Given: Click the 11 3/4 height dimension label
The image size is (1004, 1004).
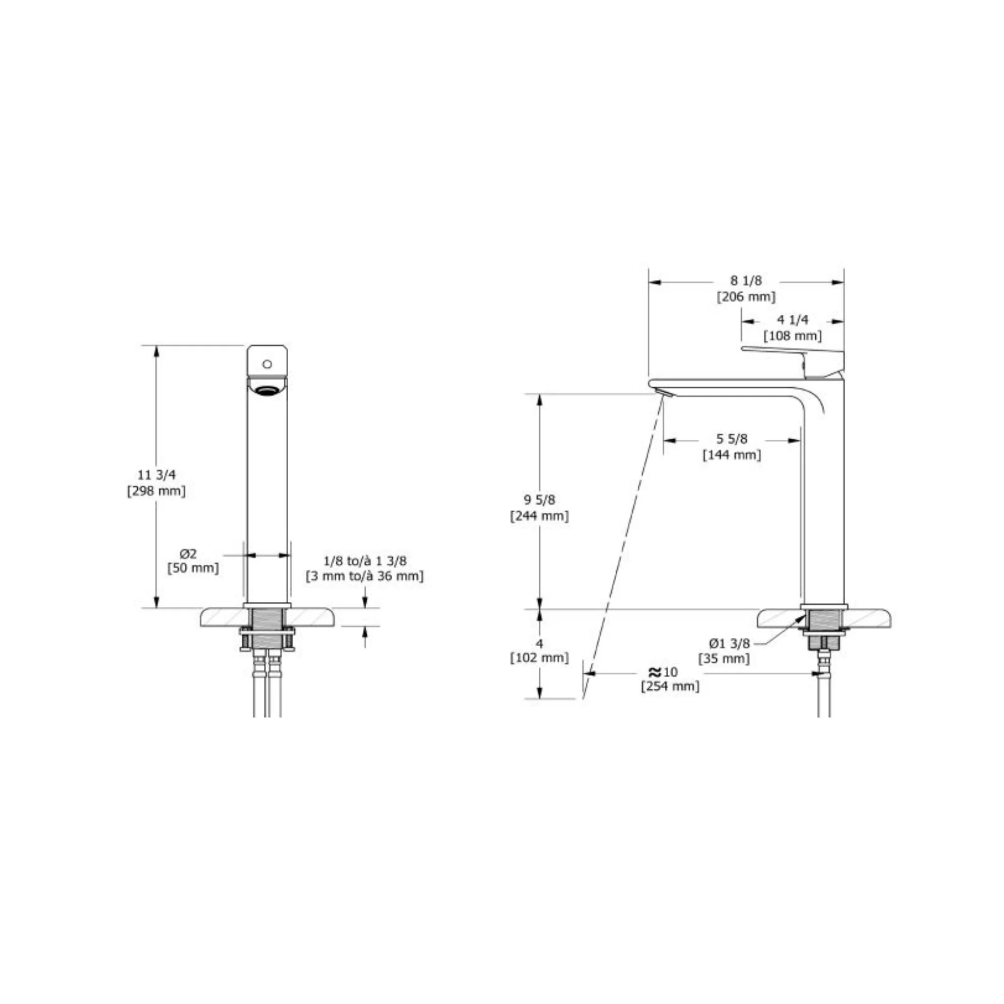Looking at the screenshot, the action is pyautogui.click(x=156, y=475).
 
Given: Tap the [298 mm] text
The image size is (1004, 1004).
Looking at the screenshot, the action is pyautogui.click(x=156, y=491).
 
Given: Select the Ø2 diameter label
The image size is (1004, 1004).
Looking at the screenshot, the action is pyautogui.click(x=188, y=554).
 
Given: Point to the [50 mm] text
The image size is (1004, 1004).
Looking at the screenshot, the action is pyautogui.click(x=193, y=568).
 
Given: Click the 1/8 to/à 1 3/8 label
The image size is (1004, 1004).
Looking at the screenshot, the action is pyautogui.click(x=365, y=561).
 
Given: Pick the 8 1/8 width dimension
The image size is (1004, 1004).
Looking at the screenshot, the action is pyautogui.click(x=746, y=280).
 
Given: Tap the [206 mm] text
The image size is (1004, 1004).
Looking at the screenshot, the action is pyautogui.click(x=746, y=297).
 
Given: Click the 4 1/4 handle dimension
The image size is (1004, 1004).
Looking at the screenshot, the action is pyautogui.click(x=793, y=320).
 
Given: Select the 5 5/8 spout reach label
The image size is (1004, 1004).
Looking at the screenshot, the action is pyautogui.click(x=732, y=439).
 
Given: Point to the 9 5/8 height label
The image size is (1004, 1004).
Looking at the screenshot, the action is pyautogui.click(x=539, y=500).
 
